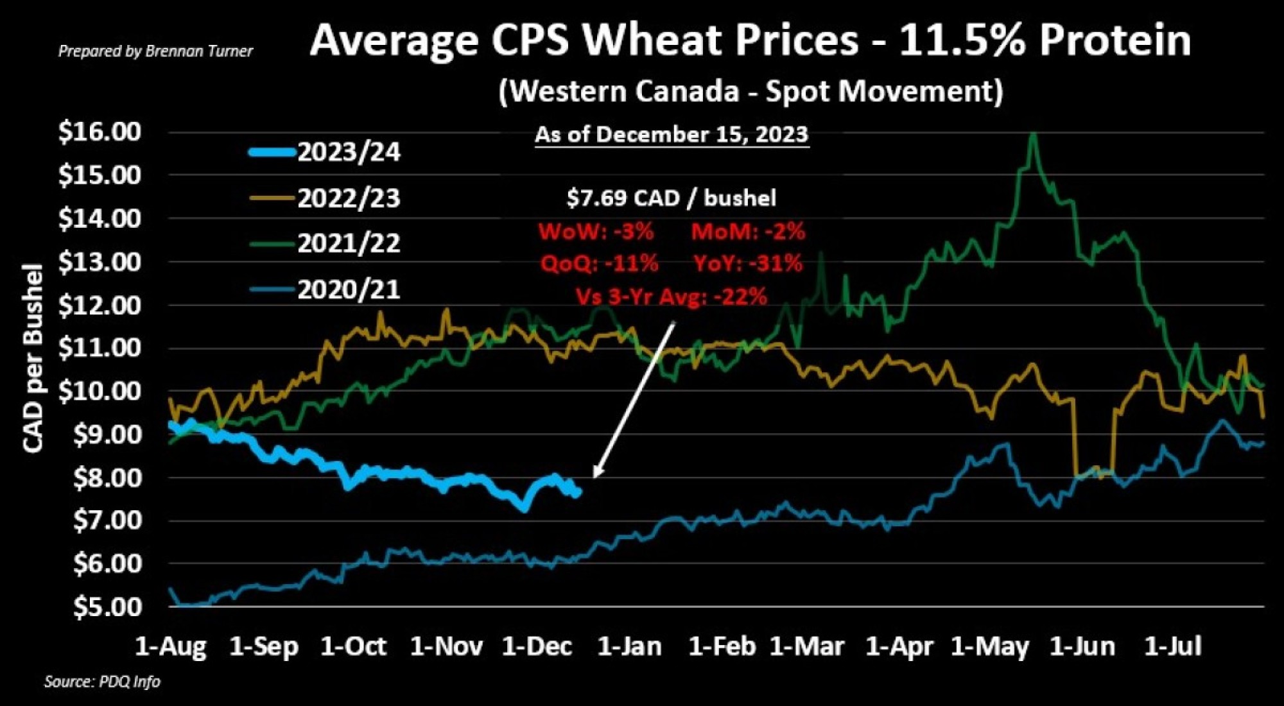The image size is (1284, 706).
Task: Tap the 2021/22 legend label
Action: (349, 243)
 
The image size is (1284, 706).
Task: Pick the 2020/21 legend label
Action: (349, 289)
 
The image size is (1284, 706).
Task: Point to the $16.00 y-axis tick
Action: (100, 132)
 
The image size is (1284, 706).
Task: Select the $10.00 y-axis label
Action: (100, 390)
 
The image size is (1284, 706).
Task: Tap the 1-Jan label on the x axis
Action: (629, 646)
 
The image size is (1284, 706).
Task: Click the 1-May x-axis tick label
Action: (989, 646)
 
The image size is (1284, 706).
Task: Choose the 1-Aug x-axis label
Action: (171, 646)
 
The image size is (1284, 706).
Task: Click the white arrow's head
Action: (595, 476)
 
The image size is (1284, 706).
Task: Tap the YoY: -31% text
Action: (748, 263)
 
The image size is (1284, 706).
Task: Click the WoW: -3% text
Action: (596, 231)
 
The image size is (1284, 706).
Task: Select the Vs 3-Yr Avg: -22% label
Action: (671, 297)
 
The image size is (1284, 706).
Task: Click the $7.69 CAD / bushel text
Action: (671, 198)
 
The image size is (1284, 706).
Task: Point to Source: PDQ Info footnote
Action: (102, 682)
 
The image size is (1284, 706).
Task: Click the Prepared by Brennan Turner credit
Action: (155, 51)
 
